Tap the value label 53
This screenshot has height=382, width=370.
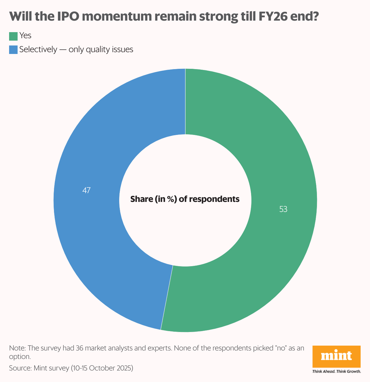283,209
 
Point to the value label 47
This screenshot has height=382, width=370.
86,190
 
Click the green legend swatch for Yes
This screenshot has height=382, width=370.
13,36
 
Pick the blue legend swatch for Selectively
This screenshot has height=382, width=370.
13,50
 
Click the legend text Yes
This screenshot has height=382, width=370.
25,36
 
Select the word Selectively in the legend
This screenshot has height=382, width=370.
38,49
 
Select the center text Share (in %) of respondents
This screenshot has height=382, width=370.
185,199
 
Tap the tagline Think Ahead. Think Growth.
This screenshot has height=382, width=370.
336,371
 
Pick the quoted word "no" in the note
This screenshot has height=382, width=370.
281,348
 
